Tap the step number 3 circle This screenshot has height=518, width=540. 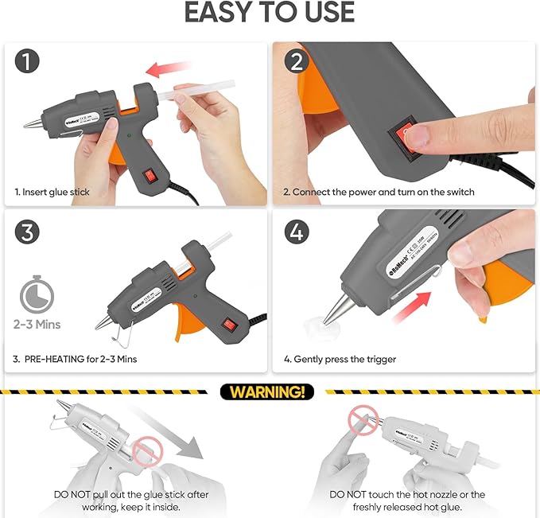(x=28, y=232)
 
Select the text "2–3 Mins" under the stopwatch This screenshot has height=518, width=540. (x=37, y=324)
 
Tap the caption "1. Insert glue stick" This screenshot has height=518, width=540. (x=52, y=192)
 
